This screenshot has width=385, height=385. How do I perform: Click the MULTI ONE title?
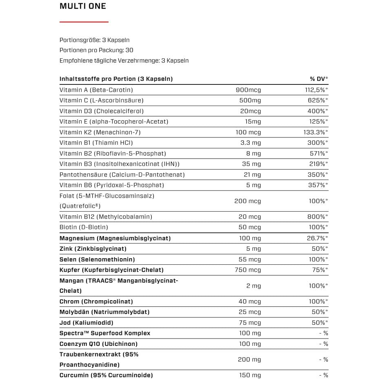83,6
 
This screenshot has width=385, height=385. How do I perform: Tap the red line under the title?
84,22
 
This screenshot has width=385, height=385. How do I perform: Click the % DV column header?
319,79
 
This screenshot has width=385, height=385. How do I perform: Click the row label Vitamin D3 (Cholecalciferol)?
102,111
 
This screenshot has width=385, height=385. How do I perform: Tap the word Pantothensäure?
84,175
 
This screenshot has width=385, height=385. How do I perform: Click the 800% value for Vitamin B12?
317,217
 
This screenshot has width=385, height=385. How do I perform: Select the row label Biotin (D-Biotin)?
84,227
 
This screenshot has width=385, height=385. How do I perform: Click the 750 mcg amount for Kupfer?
248,270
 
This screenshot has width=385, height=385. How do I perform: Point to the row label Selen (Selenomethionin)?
97,259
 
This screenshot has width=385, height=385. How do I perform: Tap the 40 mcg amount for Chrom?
250,301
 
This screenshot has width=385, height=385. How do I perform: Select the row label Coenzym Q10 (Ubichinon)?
98,344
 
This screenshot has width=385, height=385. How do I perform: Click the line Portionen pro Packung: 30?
96,50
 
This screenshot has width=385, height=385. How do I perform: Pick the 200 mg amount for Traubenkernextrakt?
249,359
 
